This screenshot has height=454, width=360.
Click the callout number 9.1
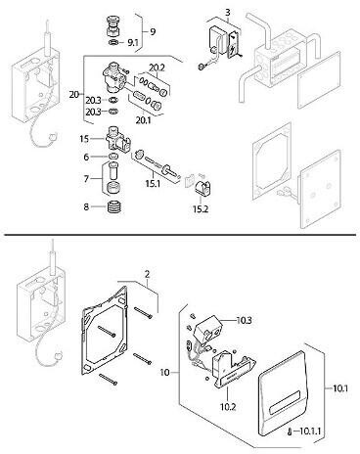[132, 43]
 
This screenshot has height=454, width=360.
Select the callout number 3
[228, 12]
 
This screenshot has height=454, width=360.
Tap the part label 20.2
[157, 68]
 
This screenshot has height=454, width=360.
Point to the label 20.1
[144, 120]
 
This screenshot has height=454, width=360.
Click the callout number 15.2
[201, 209]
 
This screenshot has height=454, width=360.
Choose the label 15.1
[153, 183]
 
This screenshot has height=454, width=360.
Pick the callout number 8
[86, 206]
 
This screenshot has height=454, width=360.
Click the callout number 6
[86, 158]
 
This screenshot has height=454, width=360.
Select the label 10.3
[245, 321]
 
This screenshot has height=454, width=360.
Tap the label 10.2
[228, 407]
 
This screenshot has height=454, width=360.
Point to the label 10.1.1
[310, 431]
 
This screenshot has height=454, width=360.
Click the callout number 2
[148, 274]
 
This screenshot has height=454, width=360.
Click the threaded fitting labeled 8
[114, 206]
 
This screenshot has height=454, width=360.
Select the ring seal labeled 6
[112, 156]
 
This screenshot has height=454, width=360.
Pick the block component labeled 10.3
[207, 330]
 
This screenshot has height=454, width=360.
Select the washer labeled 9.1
[114, 43]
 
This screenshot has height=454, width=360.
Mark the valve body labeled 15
[117, 140]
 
